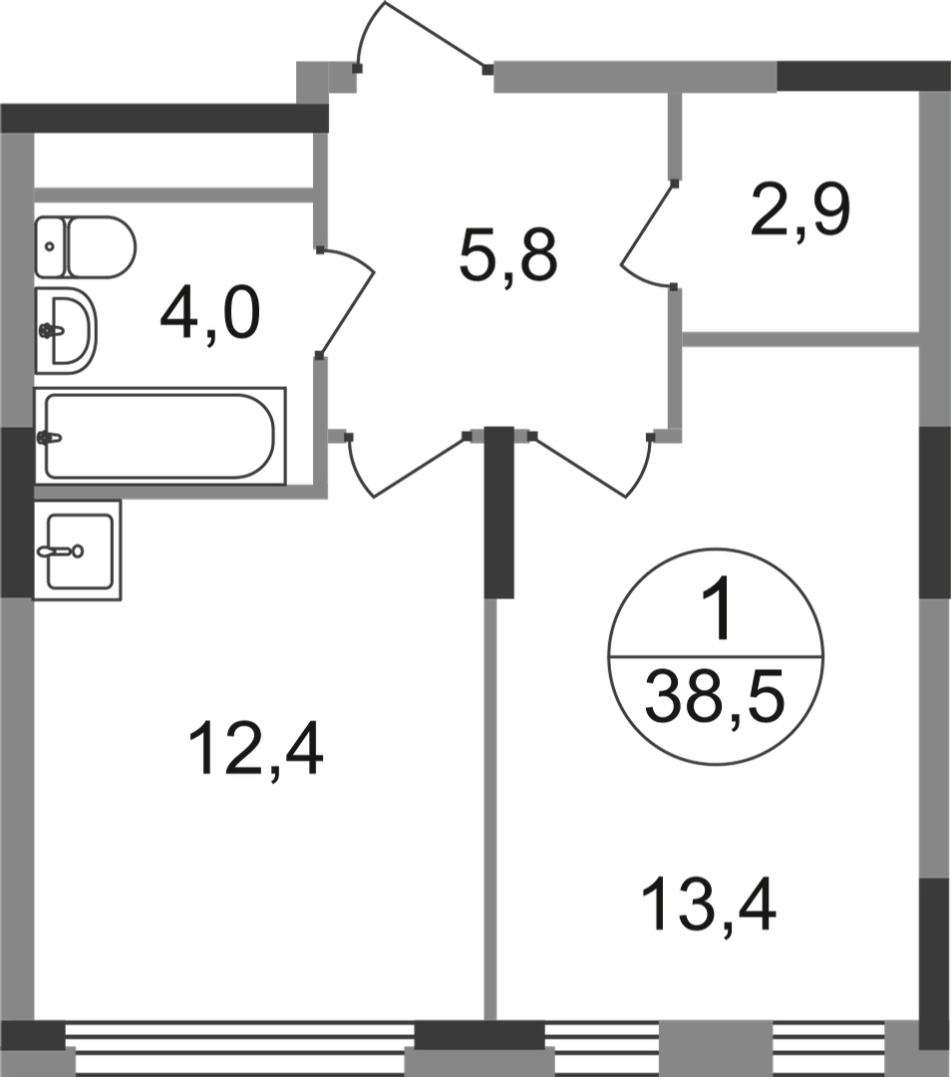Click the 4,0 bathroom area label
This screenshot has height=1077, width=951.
click(210, 315)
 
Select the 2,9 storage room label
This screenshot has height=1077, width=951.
click(800, 210)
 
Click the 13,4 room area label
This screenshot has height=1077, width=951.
click(709, 905)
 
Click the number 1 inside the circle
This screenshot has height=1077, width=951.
click(718, 607)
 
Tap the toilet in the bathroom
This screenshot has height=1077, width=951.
click(85, 247)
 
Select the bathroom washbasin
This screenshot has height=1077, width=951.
click(65, 330)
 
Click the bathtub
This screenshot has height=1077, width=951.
click(159, 436)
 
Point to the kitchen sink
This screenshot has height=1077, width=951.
click(79, 550)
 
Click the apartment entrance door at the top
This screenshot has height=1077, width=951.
click(422, 37)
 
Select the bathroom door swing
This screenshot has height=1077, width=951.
click(346, 302)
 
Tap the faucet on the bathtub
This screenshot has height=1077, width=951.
click(51, 437)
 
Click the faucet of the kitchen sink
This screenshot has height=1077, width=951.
click(61, 550)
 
